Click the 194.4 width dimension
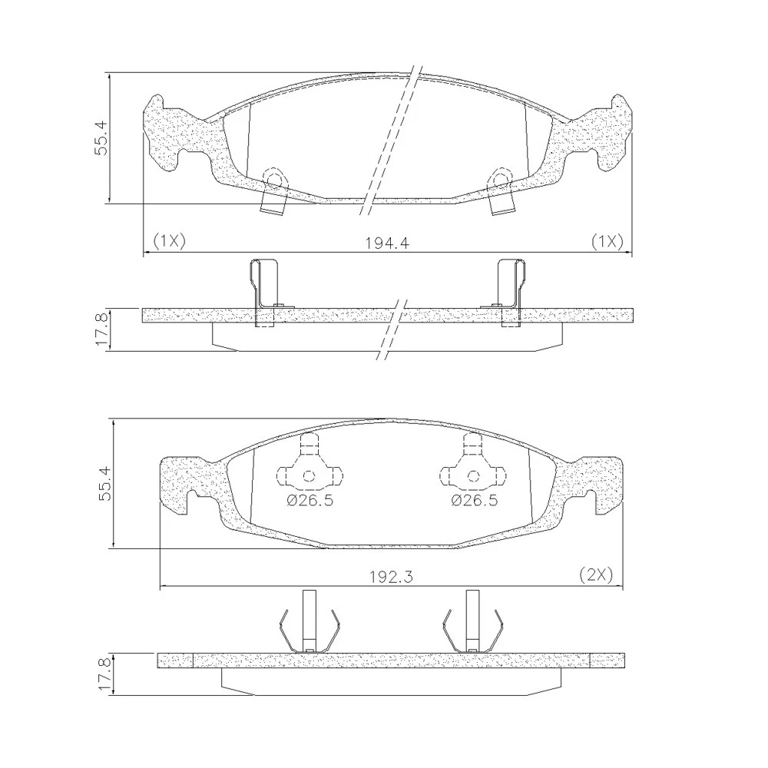[387, 243]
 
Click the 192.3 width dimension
[391, 577]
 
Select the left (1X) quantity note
[170, 240]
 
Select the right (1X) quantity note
[607, 240]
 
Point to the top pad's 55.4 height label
[101, 138]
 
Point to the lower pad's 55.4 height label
[105, 483]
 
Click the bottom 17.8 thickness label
[105, 674]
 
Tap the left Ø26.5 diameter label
[310, 501]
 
